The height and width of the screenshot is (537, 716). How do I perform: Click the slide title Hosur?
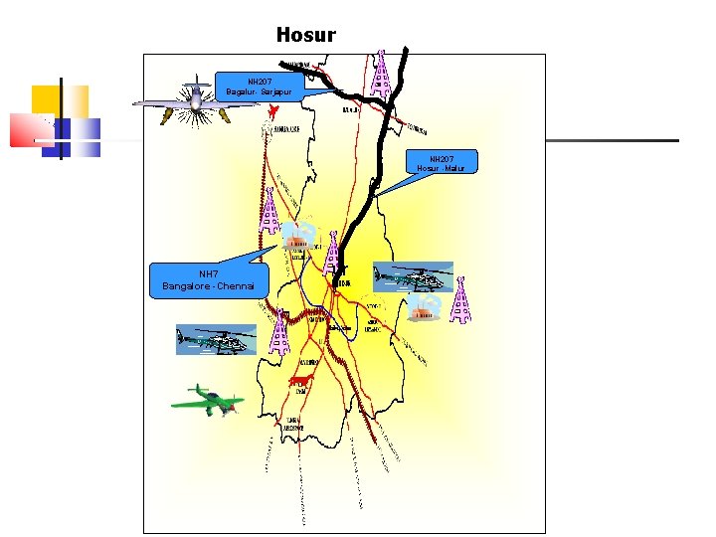click(306, 35)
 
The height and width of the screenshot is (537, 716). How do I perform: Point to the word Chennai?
click(233, 286)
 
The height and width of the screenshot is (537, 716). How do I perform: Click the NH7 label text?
click(209, 273)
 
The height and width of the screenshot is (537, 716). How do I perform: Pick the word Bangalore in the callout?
click(188, 286)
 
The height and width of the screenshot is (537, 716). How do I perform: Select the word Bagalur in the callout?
click(240, 91)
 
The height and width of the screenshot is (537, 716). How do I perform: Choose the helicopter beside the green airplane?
click(216, 339)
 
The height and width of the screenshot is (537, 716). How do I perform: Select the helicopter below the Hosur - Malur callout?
click(413, 276)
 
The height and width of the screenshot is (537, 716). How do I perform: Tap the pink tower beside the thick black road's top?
click(381, 70)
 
